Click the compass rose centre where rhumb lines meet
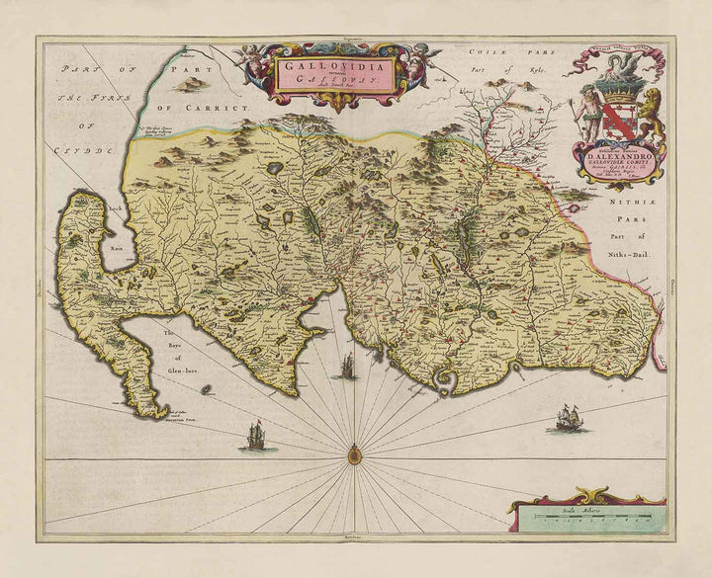coord(354,455)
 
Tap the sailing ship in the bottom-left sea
coord(256,436)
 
